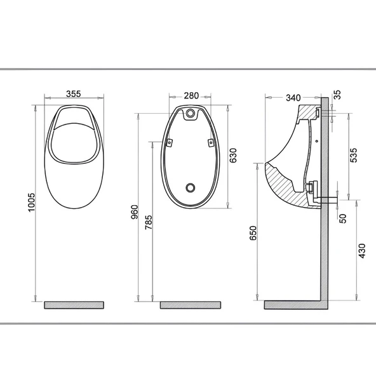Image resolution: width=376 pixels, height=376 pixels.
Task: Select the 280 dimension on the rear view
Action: click(191, 95)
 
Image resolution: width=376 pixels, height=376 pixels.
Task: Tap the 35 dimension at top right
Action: click(337, 95)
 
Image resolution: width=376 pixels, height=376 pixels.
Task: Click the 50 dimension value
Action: click(343, 218)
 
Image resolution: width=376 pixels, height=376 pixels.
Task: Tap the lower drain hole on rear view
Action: click(191, 187)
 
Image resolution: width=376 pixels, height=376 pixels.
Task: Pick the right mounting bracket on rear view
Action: click(211, 143)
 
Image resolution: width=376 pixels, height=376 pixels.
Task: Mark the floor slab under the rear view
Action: click(191, 305)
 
